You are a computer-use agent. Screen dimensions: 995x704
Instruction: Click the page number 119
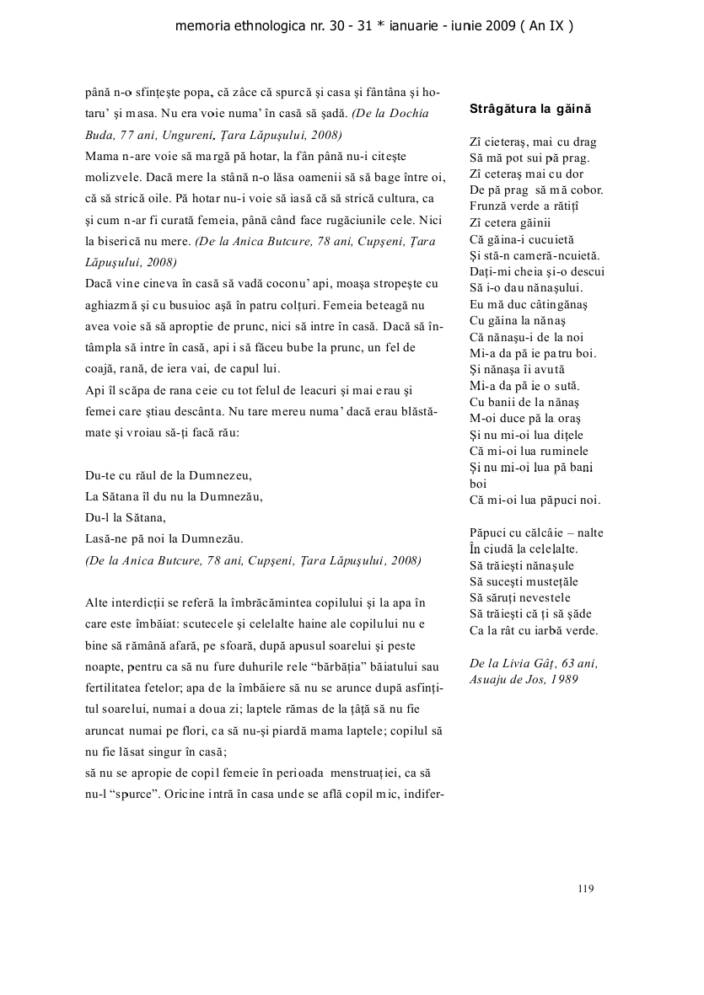click(x=586, y=887)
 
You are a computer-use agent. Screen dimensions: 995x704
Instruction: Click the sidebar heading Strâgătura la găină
click(x=529, y=110)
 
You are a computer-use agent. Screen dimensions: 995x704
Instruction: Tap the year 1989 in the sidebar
click(x=562, y=679)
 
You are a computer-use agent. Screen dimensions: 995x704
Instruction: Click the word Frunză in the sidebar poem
click(x=489, y=206)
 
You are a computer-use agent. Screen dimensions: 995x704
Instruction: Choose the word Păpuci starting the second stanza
click(x=488, y=532)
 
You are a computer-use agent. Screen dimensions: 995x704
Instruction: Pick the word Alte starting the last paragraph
click(x=97, y=602)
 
